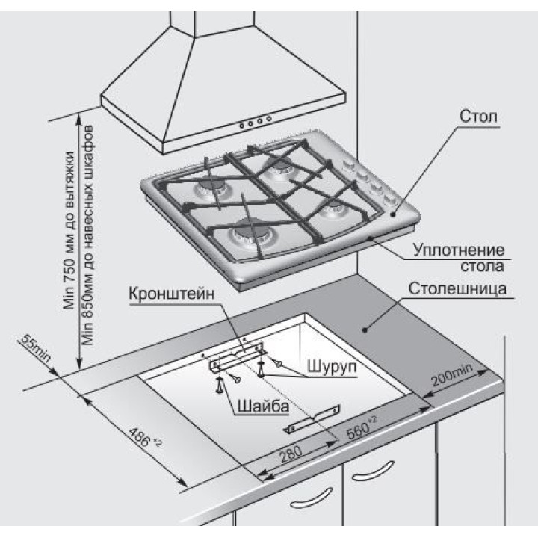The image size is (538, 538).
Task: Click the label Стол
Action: tap(477, 118)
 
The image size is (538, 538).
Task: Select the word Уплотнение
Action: tap(460, 250)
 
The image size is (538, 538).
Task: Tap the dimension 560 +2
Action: tap(362, 431)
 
